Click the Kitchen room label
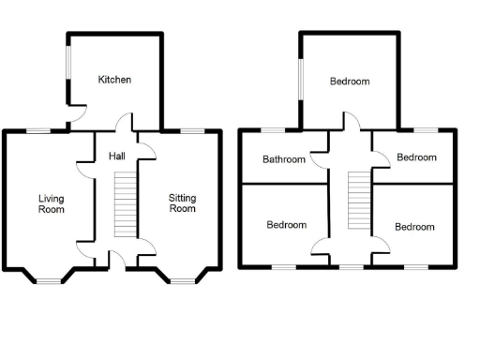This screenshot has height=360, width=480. tap(114, 80)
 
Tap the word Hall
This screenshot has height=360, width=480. tap(117, 156)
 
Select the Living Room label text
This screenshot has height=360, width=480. tap(52, 203)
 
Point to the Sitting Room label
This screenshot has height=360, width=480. tap(182, 203)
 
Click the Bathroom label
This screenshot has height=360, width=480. tap(283, 159)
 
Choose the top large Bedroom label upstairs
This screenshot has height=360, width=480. tap(350, 82)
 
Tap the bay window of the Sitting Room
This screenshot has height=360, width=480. tap(183, 278)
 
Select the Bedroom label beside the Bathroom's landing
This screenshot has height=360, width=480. tap(416, 157)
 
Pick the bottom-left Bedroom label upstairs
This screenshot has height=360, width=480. tap(286, 225)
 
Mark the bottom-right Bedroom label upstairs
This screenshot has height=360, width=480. tap(414, 227)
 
